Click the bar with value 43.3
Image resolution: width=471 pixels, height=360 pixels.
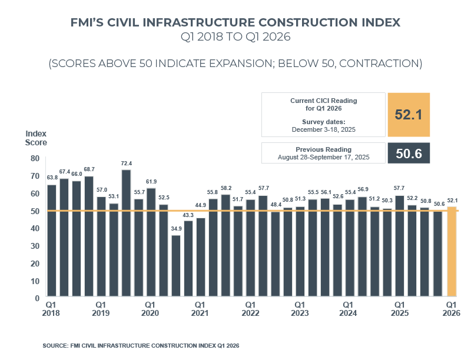click(188, 259)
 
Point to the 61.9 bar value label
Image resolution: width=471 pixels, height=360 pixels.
click(151, 182)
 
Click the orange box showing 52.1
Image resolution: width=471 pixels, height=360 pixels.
click(409, 114)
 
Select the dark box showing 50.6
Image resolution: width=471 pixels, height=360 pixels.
click(409, 153)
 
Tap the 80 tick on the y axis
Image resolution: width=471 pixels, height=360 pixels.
click(35, 158)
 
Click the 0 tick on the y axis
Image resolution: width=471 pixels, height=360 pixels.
click(37, 298)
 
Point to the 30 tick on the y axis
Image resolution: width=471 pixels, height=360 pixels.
click(35, 246)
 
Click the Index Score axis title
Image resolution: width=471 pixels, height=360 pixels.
click(36, 138)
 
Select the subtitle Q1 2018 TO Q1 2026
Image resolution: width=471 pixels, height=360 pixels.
click(235, 38)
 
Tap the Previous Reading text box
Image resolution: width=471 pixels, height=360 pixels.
click(323, 153)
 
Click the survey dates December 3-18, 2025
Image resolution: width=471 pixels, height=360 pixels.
click(323, 128)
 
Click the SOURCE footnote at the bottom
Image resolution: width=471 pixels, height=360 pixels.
click(141, 345)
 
